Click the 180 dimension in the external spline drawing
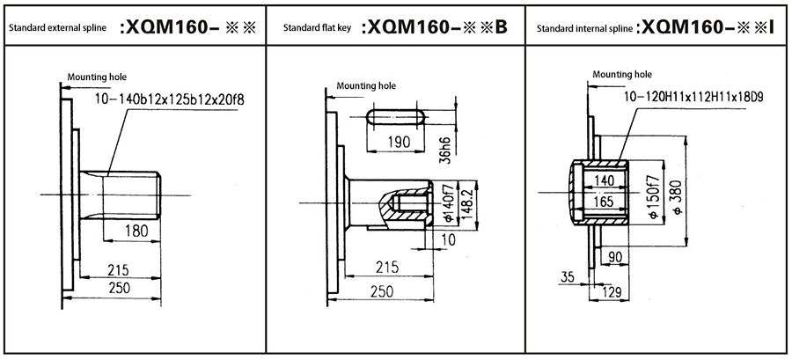click(x=136, y=231)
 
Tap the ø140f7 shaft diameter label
click(x=447, y=204)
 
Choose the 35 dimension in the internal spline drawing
click(x=567, y=276)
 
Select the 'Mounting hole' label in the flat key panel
click(x=366, y=87)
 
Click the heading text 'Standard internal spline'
click(x=584, y=29)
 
